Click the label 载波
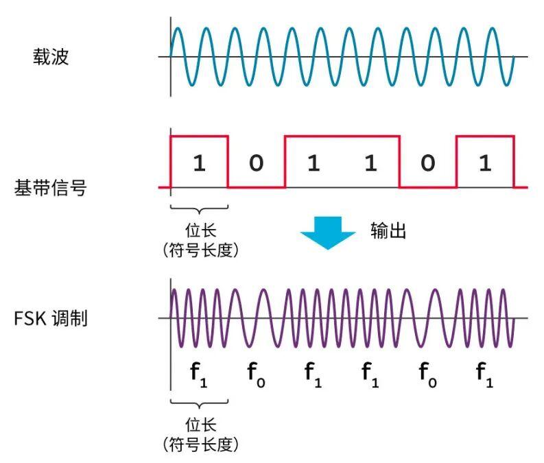(x=50, y=56)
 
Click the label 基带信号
(x=50, y=187)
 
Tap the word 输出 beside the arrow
(x=388, y=230)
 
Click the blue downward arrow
(x=328, y=232)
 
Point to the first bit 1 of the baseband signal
(x=199, y=163)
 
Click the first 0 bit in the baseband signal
(x=256, y=163)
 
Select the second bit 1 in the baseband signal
(x=314, y=163)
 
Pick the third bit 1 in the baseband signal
(x=370, y=163)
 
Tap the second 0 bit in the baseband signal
(x=427, y=163)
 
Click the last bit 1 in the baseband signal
(x=484, y=163)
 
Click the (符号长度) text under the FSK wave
(x=199, y=444)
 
